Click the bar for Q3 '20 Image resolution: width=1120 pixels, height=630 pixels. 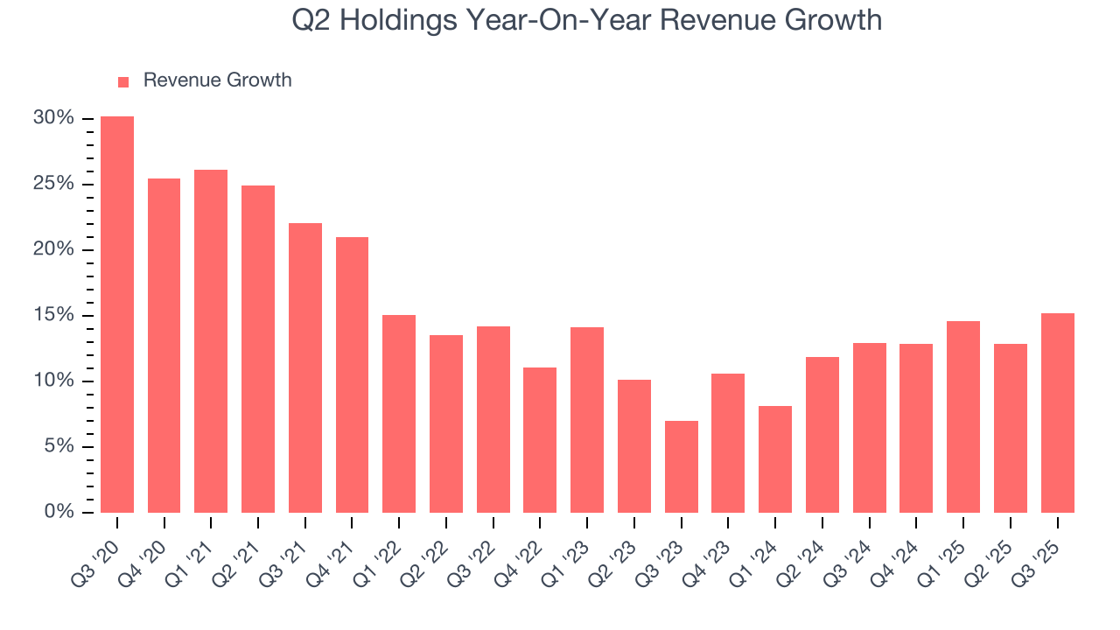[117, 314]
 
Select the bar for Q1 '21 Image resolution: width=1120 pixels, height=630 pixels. [211, 341]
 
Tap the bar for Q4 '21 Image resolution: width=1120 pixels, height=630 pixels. [352, 374]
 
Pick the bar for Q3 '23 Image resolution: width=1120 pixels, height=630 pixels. [681, 466]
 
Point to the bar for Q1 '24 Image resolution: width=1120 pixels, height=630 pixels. [775, 459]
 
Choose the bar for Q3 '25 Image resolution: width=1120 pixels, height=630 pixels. [1057, 413]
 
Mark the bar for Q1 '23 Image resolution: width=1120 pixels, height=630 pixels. [587, 420]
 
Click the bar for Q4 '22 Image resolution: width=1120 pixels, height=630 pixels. [540, 440]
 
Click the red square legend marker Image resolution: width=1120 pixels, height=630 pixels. [123, 81]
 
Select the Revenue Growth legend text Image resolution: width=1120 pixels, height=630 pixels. [217, 80]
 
